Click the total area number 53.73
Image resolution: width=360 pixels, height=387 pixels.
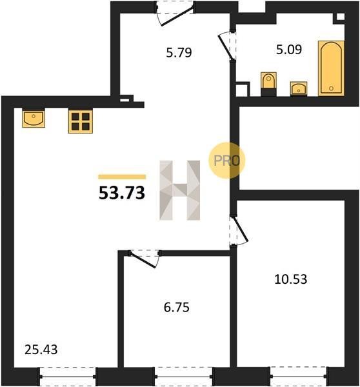point(122,193)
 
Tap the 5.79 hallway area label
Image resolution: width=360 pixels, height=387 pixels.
point(179,53)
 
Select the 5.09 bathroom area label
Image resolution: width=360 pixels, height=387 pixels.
point(289,50)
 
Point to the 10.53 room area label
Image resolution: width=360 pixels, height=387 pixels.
point(290,279)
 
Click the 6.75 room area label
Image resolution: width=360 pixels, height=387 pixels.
point(177,308)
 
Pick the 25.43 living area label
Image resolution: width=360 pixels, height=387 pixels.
point(41,350)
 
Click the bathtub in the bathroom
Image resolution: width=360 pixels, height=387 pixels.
point(331,68)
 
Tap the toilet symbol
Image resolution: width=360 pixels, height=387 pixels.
point(268,84)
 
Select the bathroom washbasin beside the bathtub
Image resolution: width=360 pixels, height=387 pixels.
point(299,88)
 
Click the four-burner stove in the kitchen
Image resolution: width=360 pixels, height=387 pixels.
point(81,122)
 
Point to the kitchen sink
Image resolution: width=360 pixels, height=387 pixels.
point(34,118)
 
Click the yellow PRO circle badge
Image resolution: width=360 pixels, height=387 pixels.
point(226,160)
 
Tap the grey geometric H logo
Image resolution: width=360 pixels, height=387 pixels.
point(180,190)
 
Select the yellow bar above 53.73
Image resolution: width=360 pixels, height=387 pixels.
point(122,177)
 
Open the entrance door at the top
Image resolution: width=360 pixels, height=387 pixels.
point(175,14)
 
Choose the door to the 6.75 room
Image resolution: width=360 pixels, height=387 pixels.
point(145,258)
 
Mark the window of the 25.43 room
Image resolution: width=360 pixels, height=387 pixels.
point(67,376)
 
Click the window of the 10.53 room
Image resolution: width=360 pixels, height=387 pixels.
point(299,376)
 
